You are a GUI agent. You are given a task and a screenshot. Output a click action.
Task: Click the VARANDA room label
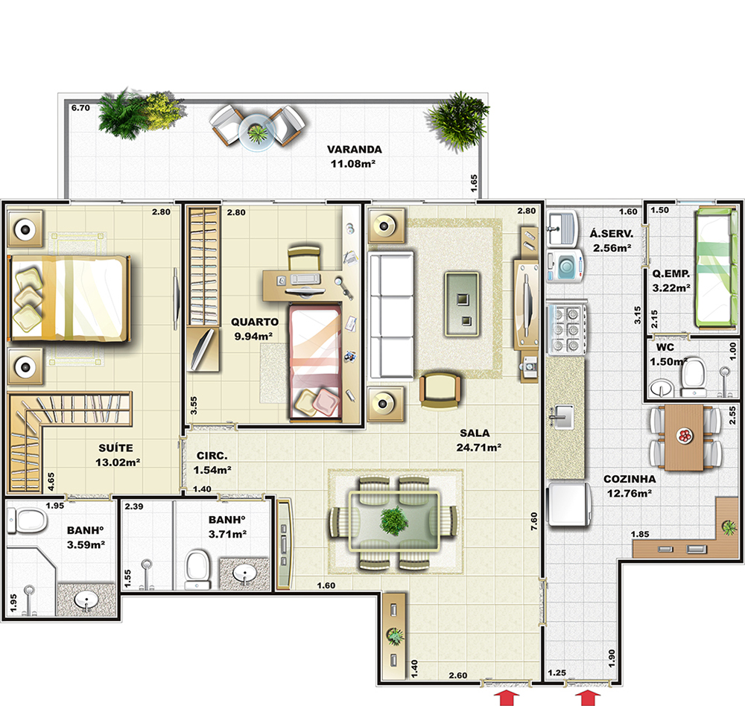(355, 149)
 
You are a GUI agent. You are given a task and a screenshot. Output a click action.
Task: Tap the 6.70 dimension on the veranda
(80, 108)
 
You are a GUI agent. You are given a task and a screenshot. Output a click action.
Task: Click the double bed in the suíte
(69, 298)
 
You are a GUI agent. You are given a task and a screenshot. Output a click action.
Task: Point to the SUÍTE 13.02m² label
(118, 455)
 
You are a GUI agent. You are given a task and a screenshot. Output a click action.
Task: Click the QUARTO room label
(255, 322)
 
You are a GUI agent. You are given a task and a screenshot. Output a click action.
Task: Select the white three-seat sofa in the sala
(391, 316)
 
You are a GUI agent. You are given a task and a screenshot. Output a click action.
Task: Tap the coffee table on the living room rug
(462, 304)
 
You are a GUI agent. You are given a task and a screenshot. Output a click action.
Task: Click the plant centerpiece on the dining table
(394, 521)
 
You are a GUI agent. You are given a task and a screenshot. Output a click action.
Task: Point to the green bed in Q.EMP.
(715, 268)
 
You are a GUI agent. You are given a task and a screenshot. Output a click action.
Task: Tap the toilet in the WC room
(694, 378)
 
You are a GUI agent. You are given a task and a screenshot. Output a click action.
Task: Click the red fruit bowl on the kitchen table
(685, 436)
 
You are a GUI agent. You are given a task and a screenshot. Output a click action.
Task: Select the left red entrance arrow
(507, 699)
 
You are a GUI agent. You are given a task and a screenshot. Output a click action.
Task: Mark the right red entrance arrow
(589, 699)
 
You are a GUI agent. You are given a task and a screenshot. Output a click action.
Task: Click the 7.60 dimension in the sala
(534, 521)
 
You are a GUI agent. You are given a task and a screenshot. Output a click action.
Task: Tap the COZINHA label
(630, 479)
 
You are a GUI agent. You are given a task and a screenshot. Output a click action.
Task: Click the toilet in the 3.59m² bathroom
(28, 521)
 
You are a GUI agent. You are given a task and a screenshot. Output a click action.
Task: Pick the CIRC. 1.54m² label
(212, 462)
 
